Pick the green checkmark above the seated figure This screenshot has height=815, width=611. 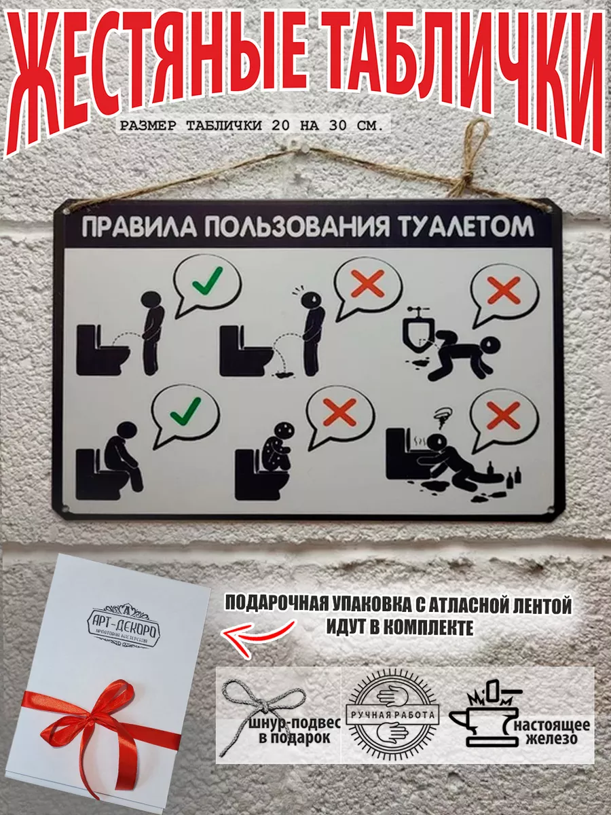click(x=185, y=410)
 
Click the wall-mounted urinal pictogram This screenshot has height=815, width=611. click(x=416, y=331)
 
